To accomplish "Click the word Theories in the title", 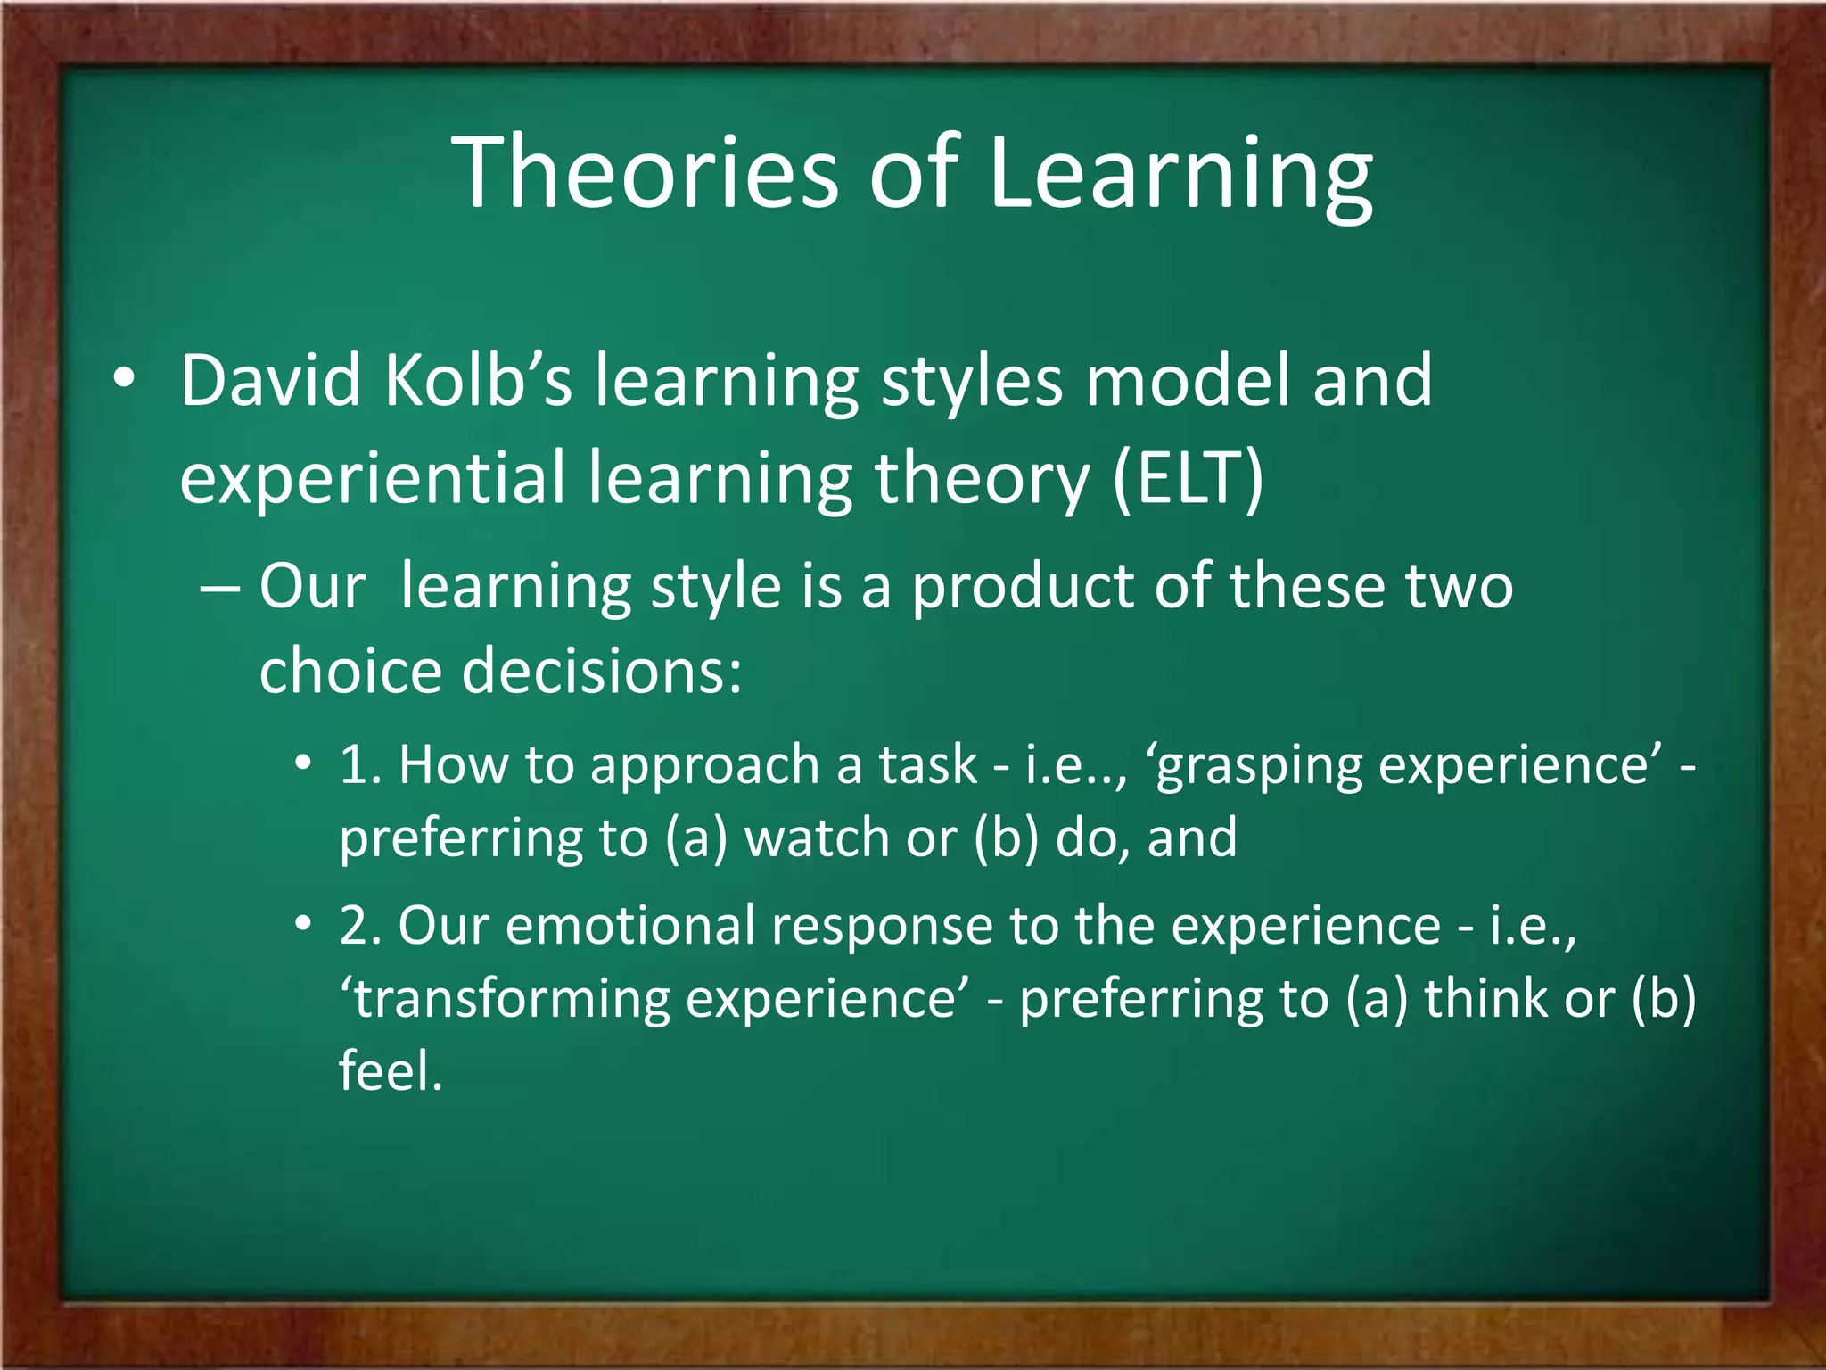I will (x=646, y=171).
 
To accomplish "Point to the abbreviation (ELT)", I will (x=1188, y=478).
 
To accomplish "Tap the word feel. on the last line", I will (x=391, y=1070).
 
